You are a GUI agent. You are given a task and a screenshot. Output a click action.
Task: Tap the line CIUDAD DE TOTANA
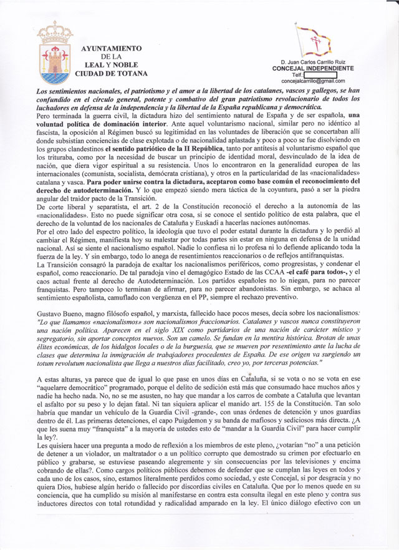111,74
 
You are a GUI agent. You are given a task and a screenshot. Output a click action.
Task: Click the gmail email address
313,81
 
